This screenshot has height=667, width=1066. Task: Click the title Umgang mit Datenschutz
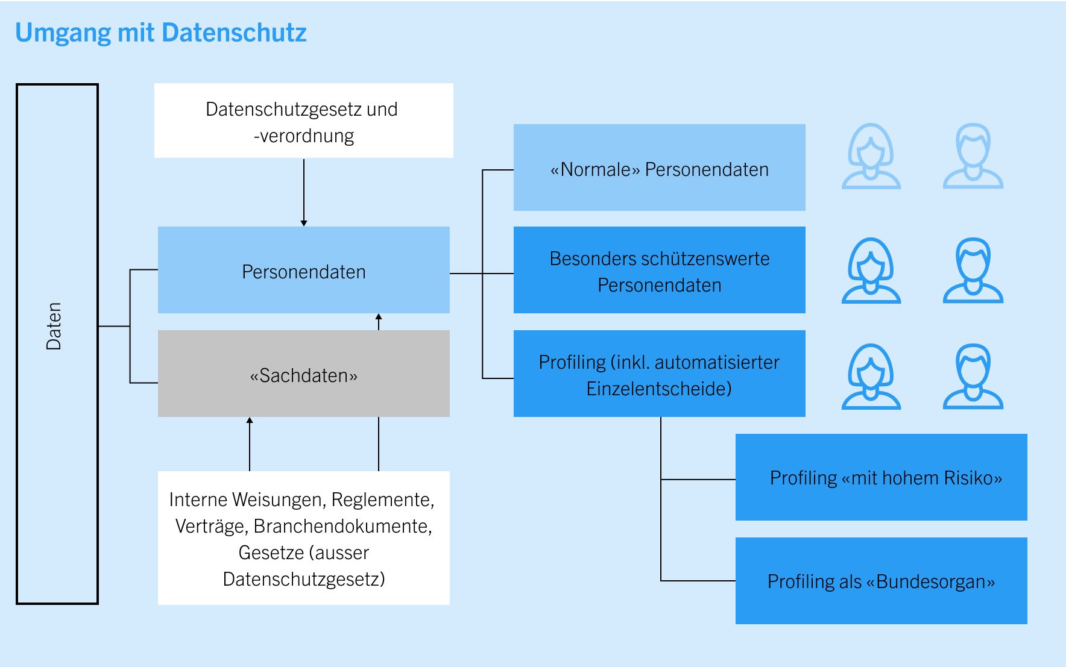(161, 33)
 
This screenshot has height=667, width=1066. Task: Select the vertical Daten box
(57, 343)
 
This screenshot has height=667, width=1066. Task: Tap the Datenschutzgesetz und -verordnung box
(303, 121)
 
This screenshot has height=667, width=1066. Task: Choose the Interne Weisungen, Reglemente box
(303, 537)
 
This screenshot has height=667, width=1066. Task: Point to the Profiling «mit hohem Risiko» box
(881, 477)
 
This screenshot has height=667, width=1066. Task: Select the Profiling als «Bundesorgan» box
(881, 581)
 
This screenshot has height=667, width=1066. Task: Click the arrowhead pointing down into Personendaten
(304, 223)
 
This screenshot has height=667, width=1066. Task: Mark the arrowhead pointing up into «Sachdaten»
(250, 421)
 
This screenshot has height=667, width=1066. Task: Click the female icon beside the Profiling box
(871, 377)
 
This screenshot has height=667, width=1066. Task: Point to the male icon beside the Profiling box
(973, 377)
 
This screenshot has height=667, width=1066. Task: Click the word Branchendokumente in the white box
(342, 526)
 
